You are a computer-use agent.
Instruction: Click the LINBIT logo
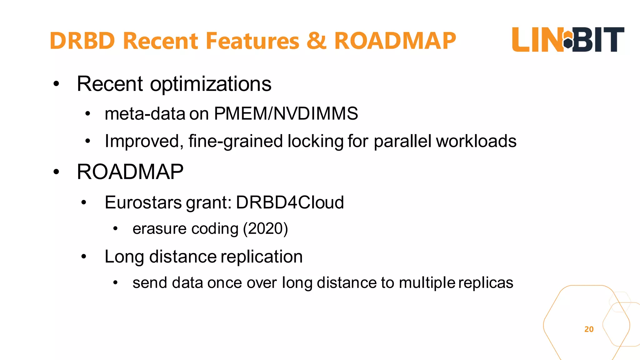coord(568,40)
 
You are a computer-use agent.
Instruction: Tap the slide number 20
coord(589,329)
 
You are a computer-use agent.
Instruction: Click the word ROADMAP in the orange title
coord(395,41)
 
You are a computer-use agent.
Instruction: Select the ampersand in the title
coord(317,41)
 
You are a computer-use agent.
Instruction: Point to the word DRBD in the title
coord(82,41)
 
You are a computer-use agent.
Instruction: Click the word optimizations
coord(211,84)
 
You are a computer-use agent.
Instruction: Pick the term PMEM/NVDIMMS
coord(286,113)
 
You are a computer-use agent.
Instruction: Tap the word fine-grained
coord(236,141)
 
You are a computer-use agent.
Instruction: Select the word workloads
coord(476,141)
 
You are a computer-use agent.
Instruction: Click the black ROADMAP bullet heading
coord(130,172)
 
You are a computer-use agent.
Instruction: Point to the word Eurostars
coord(143,202)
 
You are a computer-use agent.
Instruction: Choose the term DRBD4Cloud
coord(290,202)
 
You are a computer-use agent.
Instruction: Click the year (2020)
coord(265,229)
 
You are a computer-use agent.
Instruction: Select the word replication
coord(262,257)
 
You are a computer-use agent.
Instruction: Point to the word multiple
coord(427,283)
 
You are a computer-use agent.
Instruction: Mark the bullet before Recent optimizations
coord(56,84)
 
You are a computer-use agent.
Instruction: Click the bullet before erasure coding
coord(115,229)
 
